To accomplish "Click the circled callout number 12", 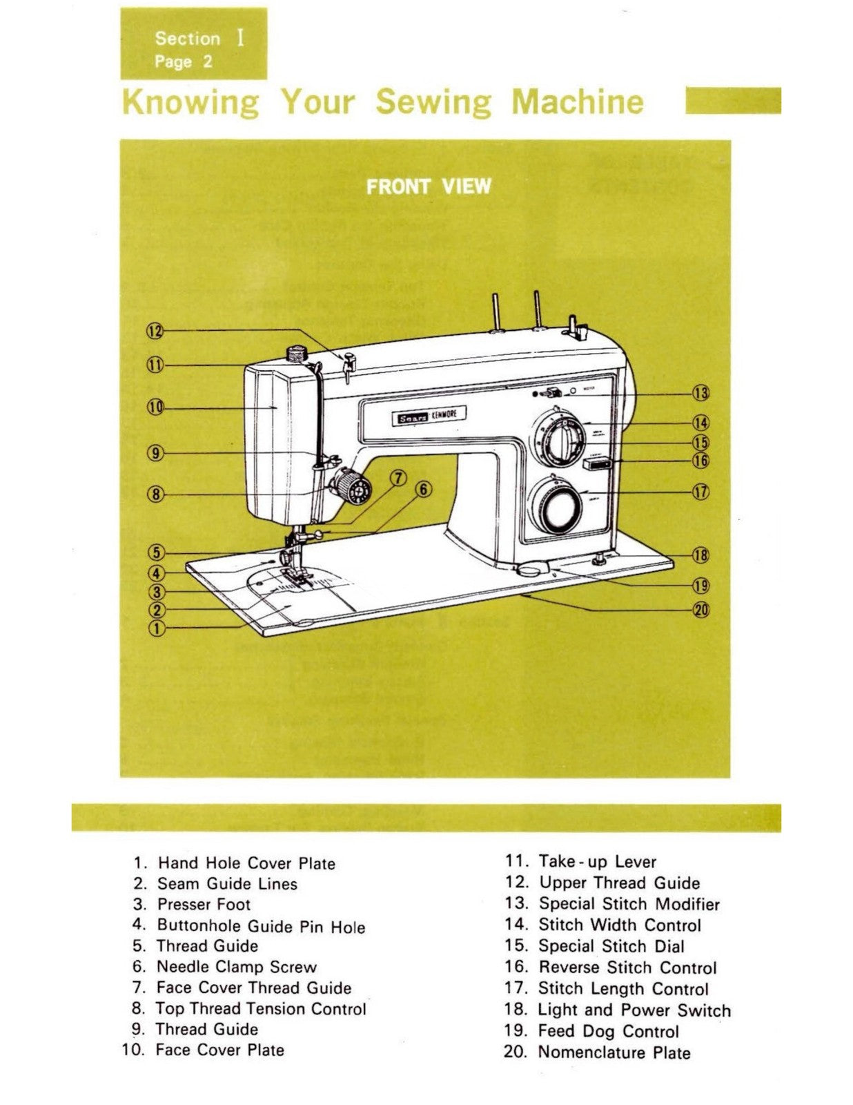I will (155, 331).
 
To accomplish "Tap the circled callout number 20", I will (701, 610).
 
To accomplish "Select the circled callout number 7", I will (398, 478).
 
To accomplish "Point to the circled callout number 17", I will (701, 492).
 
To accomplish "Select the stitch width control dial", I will (563, 442).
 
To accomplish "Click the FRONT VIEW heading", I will (429, 186).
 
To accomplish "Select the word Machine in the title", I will (577, 102).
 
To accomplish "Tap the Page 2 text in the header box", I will (183, 61).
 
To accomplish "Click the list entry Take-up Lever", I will (597, 861).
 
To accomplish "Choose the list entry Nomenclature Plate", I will (614, 1053).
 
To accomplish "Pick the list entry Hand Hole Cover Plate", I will (246, 863).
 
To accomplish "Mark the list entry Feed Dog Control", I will (608, 1031).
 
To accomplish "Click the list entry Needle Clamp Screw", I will (236, 967).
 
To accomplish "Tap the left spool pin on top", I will (496, 311).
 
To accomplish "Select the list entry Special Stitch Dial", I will (611, 946).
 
